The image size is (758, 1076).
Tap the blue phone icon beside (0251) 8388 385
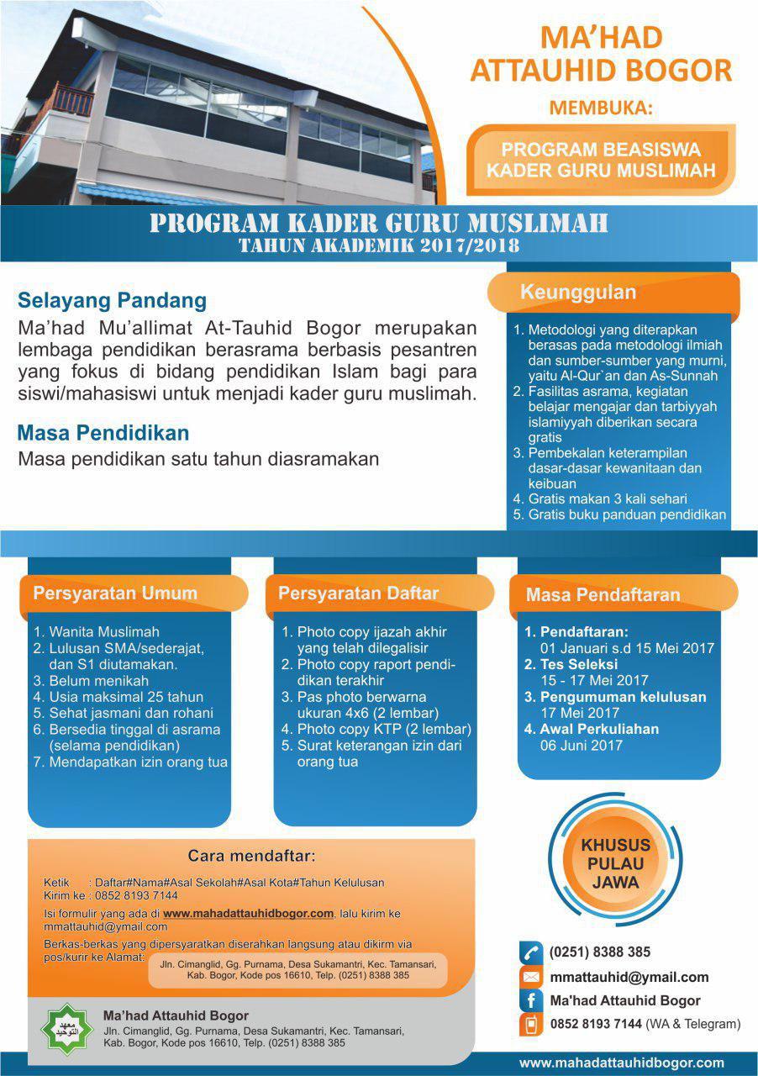(x=530, y=952)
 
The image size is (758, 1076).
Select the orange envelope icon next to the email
(x=530, y=977)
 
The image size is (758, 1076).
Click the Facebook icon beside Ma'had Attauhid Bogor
(x=530, y=1000)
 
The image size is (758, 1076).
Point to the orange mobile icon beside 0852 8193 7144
(x=530, y=1024)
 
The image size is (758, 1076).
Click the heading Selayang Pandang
(x=112, y=300)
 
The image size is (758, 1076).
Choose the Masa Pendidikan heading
(x=103, y=434)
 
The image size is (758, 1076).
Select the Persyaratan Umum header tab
(x=115, y=593)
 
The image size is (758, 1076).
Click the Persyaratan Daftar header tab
(x=359, y=593)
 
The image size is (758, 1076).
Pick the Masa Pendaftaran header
(x=603, y=594)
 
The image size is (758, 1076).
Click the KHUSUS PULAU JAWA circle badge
(x=615, y=863)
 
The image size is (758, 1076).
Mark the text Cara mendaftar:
(x=251, y=857)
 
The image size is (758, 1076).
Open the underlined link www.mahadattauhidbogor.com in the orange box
(x=249, y=913)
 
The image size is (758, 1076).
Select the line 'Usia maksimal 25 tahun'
(x=126, y=697)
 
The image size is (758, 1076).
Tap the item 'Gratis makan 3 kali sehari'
(x=608, y=498)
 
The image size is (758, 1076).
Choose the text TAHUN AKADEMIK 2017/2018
(x=379, y=246)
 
